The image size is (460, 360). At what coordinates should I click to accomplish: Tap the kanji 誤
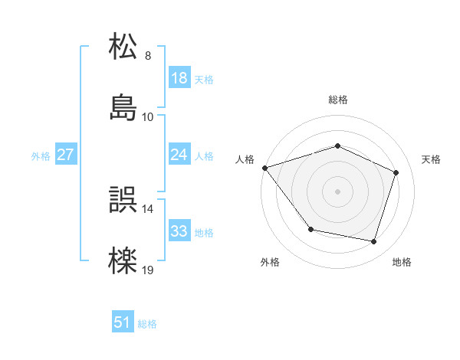coord(124,200)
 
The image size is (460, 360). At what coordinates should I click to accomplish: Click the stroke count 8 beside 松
coord(147,56)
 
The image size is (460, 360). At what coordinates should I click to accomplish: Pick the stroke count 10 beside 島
coord(147,116)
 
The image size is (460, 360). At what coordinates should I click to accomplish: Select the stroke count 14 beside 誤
coord(147,208)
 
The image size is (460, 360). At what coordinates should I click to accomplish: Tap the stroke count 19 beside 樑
coord(147,270)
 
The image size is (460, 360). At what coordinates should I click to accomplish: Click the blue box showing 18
coord(179,78)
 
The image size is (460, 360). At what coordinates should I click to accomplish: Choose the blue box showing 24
coord(179,155)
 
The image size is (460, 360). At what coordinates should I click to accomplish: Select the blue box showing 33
coord(179,231)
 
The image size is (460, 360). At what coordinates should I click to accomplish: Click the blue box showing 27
coord(65,155)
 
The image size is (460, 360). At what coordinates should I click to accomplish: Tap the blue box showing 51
coord(123,323)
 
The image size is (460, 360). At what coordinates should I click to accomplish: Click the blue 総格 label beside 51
coord(147,324)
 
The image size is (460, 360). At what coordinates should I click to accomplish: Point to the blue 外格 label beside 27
coord(41,155)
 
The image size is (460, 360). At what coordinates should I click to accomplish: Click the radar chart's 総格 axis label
coord(338,100)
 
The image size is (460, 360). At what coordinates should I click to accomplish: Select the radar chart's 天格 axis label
coord(432,159)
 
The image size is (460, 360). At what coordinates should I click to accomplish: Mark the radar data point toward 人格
coord(264,168)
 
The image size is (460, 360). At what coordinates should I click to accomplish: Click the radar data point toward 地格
coord(374,241)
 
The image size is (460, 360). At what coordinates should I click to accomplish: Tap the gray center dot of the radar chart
coord(338,191)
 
